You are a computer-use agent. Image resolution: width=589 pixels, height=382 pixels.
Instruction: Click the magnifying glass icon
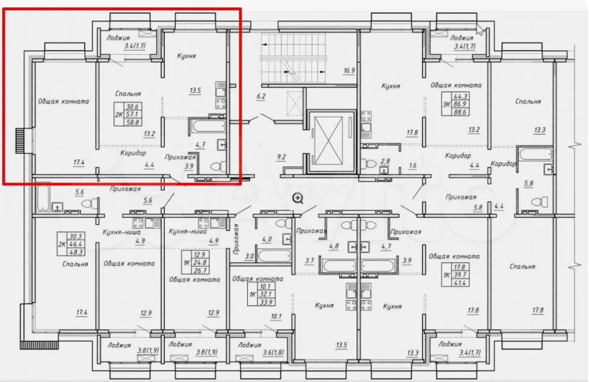pyautogui.click(x=298, y=198)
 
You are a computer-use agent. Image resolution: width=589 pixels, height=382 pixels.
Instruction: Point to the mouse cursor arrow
pyautogui.click(x=480, y=29)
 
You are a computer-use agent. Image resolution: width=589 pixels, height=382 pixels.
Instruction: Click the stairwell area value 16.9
pyautogui.click(x=349, y=70)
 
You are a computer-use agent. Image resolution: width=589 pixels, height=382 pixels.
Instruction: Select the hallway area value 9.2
pyautogui.click(x=281, y=157)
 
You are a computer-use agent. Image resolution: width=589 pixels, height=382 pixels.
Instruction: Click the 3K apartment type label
pyautogui.click(x=446, y=104)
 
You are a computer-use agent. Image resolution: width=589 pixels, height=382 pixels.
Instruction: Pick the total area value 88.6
pyautogui.click(x=460, y=112)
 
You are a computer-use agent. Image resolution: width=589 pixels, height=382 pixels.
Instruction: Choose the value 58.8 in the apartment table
pyautogui.click(x=133, y=122)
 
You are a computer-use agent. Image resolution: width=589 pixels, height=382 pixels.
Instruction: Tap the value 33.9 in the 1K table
pyautogui.click(x=266, y=302)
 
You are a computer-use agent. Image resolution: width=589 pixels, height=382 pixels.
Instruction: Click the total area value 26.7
pyautogui.click(x=200, y=271)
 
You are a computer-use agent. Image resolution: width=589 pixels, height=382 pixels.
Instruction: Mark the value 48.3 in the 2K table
pyautogui.click(x=76, y=252)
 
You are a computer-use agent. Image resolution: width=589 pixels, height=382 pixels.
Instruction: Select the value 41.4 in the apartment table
pyautogui.click(x=459, y=283)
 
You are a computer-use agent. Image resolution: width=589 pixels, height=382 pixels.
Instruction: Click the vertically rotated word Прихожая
pyautogui.click(x=236, y=239)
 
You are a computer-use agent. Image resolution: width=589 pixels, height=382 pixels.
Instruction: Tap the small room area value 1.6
pyautogui.click(x=412, y=165)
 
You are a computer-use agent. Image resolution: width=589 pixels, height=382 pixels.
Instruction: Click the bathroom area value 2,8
pyautogui.click(x=385, y=162)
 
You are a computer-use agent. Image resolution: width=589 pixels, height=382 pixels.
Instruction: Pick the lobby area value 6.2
pyautogui.click(x=261, y=96)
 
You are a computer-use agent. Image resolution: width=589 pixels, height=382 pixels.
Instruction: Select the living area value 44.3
pyautogui.click(x=460, y=96)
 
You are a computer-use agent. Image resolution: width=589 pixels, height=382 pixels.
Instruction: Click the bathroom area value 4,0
pyautogui.click(x=267, y=240)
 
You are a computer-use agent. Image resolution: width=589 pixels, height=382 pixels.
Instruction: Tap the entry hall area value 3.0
pyautogui.click(x=249, y=256)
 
